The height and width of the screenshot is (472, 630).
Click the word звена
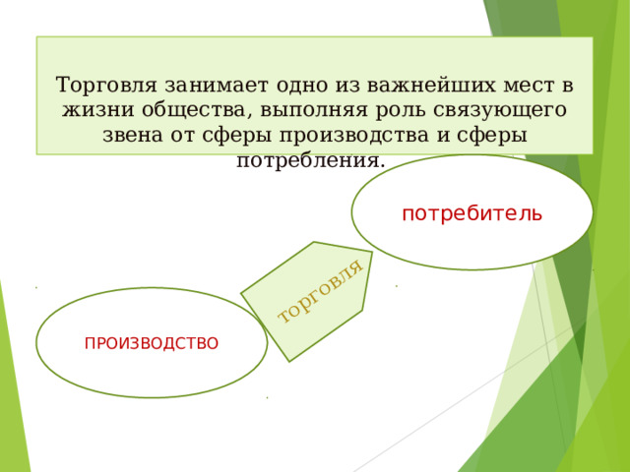click(133, 135)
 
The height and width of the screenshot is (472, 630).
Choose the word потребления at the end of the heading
click(308, 159)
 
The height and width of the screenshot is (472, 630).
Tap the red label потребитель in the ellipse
click(472, 213)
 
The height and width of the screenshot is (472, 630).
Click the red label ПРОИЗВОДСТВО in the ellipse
click(152, 343)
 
